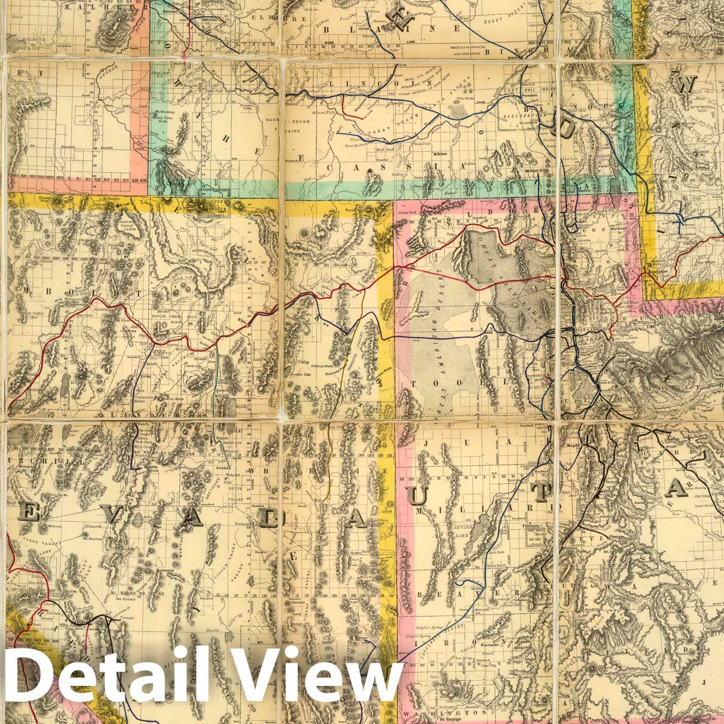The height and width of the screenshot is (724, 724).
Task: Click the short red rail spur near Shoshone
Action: (346, 108)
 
